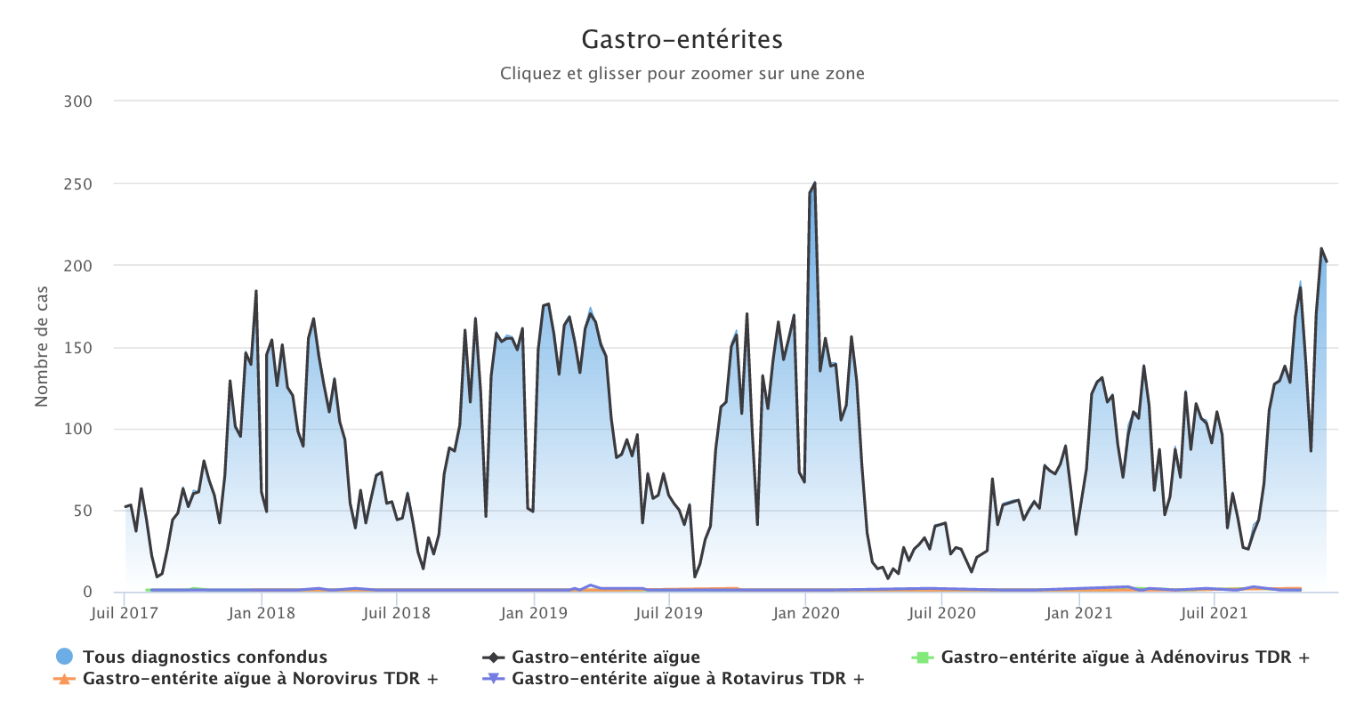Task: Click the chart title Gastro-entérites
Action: pyautogui.click(x=682, y=40)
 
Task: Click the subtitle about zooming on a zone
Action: pyautogui.click(x=682, y=74)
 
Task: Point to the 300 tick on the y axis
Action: pyautogui.click(x=78, y=101)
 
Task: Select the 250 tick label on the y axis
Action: pyautogui.click(x=78, y=184)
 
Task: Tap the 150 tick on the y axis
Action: pyautogui.click(x=78, y=347)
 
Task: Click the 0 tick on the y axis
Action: pyautogui.click(x=86, y=592)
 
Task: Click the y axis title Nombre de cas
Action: pyautogui.click(x=42, y=346)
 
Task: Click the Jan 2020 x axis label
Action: pyautogui.click(x=806, y=613)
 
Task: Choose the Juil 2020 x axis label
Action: pyautogui.click(x=942, y=613)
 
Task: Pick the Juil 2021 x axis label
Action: pyautogui.click(x=1215, y=613)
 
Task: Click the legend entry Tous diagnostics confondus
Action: pyautogui.click(x=205, y=658)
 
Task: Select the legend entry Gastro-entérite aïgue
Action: pyautogui.click(x=605, y=658)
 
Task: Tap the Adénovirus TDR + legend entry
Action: pyautogui.click(x=1125, y=658)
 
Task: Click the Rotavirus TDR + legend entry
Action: pyautogui.click(x=687, y=679)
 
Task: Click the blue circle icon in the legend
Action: pyautogui.click(x=64, y=658)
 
